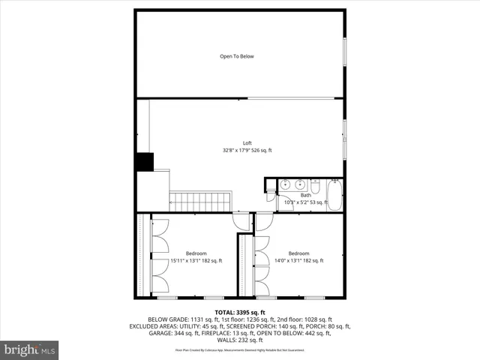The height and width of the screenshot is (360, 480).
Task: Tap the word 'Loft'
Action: (x=247, y=142)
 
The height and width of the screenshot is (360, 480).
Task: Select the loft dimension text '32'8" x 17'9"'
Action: (x=237, y=150)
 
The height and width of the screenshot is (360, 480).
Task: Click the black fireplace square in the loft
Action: (x=144, y=163)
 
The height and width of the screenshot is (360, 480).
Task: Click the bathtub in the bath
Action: (x=334, y=195)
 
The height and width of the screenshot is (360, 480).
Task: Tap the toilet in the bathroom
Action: (x=315, y=184)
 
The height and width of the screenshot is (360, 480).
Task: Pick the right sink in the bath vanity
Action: (x=299, y=185)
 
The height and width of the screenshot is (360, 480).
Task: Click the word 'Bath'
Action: (x=305, y=195)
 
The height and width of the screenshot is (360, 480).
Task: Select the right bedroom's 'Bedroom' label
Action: (x=298, y=253)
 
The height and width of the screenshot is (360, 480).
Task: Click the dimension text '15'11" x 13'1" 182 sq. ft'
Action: (x=196, y=261)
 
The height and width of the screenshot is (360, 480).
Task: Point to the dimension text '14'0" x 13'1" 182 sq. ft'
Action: (x=298, y=261)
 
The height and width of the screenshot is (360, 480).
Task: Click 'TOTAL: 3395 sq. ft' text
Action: (x=240, y=312)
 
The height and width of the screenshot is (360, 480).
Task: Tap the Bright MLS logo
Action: (x=30, y=349)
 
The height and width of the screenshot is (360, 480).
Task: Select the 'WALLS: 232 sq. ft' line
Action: (x=240, y=340)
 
